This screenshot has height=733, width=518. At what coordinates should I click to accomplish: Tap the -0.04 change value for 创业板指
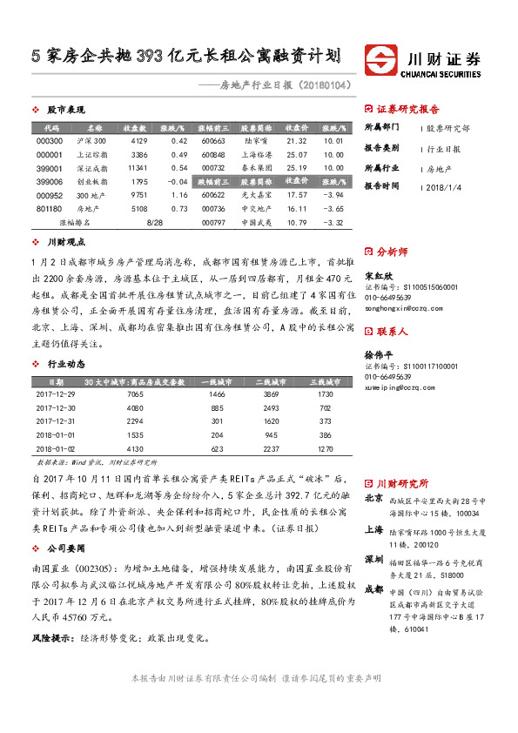[x=176, y=181]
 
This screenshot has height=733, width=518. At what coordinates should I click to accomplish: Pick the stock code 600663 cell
[x=212, y=140]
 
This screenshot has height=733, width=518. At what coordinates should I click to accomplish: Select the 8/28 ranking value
[x=157, y=223]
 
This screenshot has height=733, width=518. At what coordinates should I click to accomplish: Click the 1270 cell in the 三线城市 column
[x=326, y=447]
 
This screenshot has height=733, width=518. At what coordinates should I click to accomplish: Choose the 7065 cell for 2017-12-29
[x=135, y=395]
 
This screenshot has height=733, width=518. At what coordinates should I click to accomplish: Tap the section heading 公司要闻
[x=65, y=549]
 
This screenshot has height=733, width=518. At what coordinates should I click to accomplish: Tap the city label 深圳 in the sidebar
[x=373, y=558]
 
